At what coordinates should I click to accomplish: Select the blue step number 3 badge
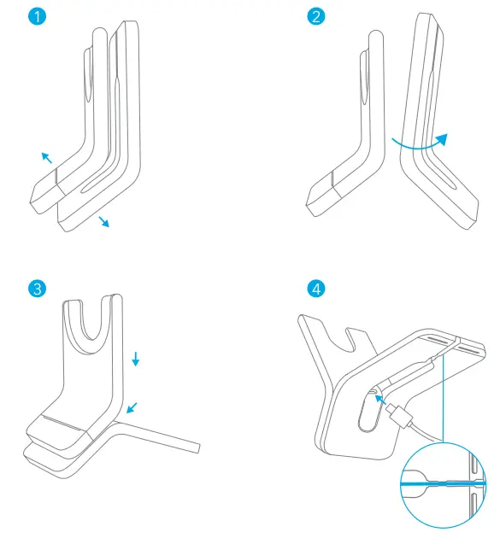point(36,288)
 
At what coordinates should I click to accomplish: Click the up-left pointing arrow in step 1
point(46,156)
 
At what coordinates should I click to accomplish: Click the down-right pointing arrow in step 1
point(104,222)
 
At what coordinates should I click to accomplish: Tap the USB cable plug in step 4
point(397,416)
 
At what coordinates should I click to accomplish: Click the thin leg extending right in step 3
point(171,436)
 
